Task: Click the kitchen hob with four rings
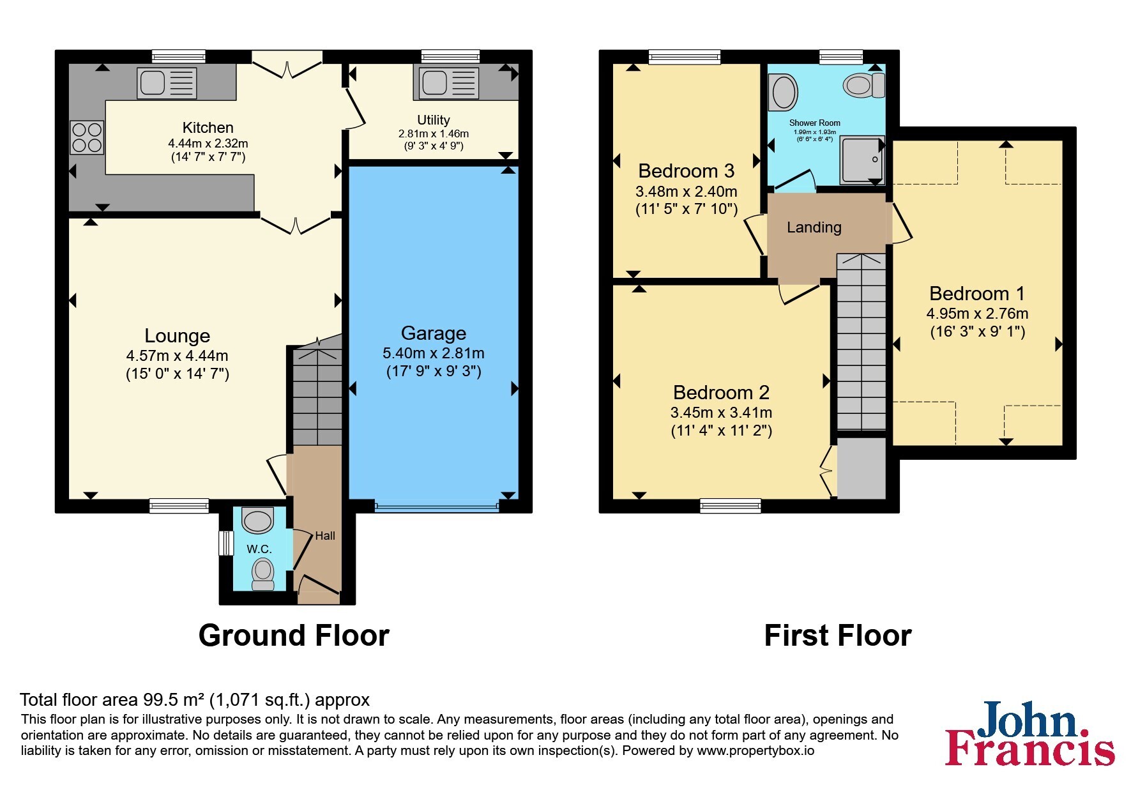click(87, 137)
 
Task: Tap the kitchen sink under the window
click(167, 84)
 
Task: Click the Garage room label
click(434, 333)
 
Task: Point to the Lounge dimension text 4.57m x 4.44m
click(178, 356)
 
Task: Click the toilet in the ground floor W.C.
click(263, 574)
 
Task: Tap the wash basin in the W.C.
click(258, 521)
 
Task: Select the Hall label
click(325, 536)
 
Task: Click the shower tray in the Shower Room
click(862, 159)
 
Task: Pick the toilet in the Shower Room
click(863, 85)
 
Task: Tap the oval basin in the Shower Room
click(785, 92)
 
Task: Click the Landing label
click(814, 227)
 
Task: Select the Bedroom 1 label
click(977, 294)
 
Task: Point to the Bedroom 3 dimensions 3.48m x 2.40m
click(687, 192)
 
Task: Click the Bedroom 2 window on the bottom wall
click(731, 506)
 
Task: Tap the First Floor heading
click(838, 636)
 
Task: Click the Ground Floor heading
click(294, 636)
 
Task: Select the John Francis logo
click(1030, 734)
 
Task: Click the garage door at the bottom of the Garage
click(437, 507)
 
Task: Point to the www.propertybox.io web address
click(755, 751)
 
